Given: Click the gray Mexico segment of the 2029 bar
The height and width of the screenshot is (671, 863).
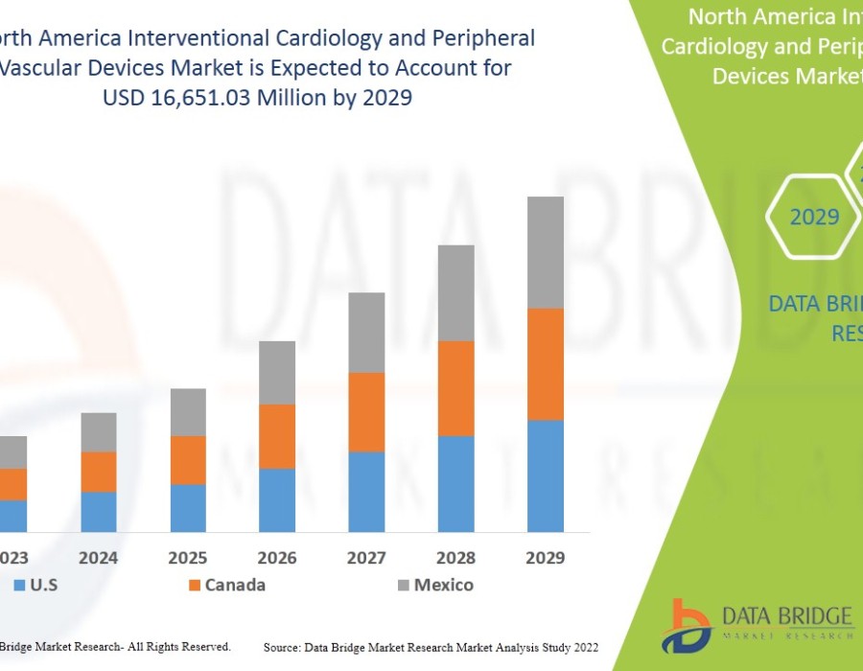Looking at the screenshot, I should [545, 252].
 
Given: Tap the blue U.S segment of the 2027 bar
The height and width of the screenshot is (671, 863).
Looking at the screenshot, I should [366, 492].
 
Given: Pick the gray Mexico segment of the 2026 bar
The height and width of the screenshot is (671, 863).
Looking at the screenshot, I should [277, 372].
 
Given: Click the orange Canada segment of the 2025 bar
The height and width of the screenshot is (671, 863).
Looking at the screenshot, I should [188, 460].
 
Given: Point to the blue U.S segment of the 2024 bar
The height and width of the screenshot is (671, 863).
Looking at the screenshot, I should [99, 512].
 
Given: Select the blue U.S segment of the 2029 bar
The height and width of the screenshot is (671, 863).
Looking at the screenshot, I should [545, 475].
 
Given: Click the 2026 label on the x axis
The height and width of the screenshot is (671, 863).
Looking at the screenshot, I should [277, 558].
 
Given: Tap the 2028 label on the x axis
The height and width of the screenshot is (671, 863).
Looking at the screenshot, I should [455, 558].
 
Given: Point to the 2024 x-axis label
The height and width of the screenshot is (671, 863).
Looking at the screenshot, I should [99, 558].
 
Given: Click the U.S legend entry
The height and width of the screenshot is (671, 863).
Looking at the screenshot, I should [38, 585].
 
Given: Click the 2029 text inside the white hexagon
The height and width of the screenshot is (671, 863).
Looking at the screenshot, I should [814, 218].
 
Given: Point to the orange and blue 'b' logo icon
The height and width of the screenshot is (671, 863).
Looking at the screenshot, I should [689, 626].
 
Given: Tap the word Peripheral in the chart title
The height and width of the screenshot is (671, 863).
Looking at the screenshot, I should [487, 38].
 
